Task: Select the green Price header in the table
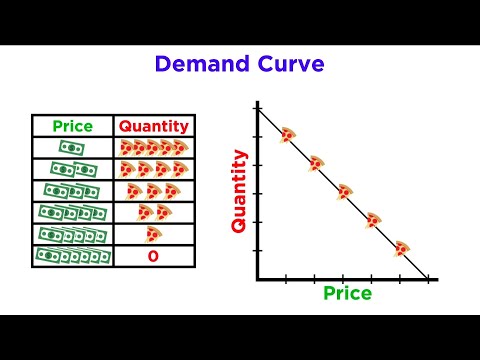73,127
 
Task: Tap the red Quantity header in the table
154,127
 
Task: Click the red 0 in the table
153,256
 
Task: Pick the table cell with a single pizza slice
153,234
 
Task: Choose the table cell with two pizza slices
153,212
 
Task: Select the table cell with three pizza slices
153,190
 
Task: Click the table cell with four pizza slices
153,169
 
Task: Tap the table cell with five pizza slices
153,147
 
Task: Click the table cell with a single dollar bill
72,147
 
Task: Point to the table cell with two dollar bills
72,169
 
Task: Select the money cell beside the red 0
72,256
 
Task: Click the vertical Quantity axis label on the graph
239,191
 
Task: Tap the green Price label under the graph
347,294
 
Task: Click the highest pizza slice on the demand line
287,135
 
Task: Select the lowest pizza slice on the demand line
401,248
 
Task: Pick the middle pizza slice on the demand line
344,192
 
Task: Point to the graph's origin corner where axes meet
258,279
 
